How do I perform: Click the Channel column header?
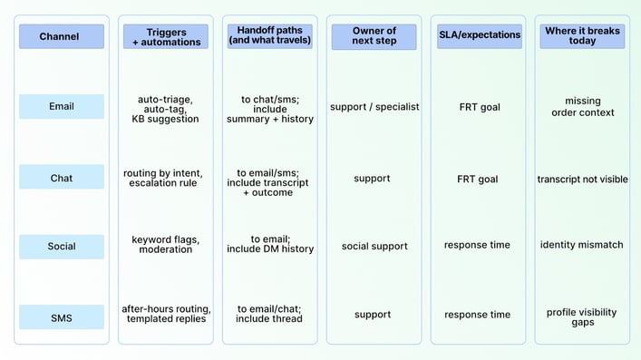pos(62,37)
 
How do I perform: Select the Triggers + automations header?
pos(166,37)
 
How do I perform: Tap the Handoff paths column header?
pos(269,36)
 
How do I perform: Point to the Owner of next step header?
pos(374,37)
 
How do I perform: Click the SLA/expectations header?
pos(478,36)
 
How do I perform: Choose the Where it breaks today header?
pos(582,36)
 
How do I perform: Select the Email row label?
pos(62,107)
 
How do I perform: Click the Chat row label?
pos(62,179)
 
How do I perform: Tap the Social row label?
pos(62,246)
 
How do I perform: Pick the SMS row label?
pos(62,316)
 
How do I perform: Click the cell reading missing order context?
pos(582,107)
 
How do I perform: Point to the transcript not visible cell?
pos(582,179)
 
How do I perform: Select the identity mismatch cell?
pos(582,245)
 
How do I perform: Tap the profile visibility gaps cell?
pos(582,316)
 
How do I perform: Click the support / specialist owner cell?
pos(374,107)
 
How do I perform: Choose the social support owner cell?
pos(374,246)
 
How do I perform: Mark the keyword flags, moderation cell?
pos(166,244)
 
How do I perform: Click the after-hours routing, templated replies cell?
pos(166,314)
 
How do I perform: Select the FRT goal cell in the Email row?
pos(478,107)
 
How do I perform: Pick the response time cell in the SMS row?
pos(478,315)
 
